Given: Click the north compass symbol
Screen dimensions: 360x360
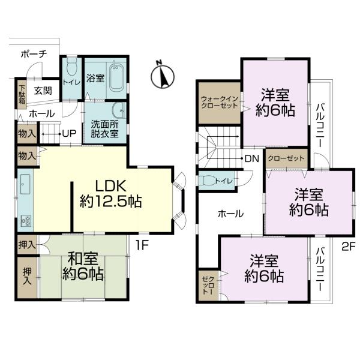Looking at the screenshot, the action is [163, 76].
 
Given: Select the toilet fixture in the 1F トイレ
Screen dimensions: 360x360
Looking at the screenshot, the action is [71, 67].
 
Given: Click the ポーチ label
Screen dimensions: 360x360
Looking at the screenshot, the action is [34, 55].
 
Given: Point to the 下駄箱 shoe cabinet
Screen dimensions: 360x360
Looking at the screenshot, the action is [22, 94].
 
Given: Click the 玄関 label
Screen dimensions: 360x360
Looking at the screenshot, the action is [43, 91].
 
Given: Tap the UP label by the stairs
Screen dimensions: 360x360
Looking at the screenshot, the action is [69, 134].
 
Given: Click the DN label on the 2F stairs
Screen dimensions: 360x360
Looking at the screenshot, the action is [252, 158].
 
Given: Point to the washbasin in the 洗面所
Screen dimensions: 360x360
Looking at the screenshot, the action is [119, 111].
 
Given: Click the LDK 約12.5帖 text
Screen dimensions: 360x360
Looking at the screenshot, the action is [110, 194].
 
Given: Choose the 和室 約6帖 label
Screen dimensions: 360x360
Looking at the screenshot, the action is [83, 266].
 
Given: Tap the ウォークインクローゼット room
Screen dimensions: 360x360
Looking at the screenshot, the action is [219, 103].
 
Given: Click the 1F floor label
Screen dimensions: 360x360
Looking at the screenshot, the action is [142, 245].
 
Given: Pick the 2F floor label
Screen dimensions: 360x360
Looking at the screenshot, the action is [348, 247].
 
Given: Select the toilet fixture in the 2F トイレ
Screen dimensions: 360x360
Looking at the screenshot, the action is [207, 181].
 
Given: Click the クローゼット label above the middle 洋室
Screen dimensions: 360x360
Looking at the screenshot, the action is [286, 158].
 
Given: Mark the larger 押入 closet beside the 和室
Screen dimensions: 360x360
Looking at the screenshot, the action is [28, 277].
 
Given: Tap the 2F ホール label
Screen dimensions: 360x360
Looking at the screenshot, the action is [231, 214].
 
